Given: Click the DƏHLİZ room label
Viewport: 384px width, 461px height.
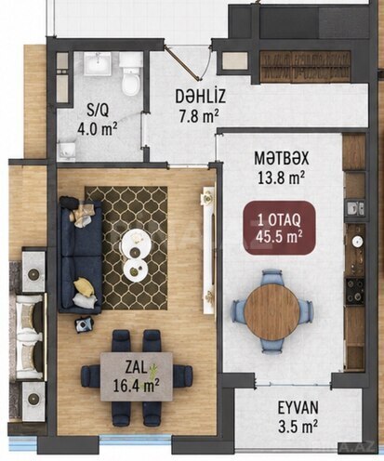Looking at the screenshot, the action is click(x=200, y=97).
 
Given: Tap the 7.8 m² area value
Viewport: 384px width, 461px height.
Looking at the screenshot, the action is click(x=199, y=116).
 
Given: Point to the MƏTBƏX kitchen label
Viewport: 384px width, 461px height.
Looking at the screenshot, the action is click(x=282, y=158).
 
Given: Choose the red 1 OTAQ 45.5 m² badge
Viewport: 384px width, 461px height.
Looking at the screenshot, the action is click(x=279, y=228).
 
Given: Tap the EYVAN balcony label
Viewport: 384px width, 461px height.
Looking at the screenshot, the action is click(x=298, y=407).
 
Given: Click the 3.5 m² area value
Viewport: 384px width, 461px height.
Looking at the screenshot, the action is click(x=298, y=427).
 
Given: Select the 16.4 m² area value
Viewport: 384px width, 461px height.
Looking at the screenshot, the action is click(x=137, y=386).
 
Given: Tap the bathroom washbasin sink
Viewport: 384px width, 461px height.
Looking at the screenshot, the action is click(x=98, y=63).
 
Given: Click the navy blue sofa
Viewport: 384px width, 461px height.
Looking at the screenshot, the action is click(x=80, y=256).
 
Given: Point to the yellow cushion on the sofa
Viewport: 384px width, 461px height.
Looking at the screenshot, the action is click(x=83, y=285).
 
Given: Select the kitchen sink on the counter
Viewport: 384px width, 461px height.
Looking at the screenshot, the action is click(x=354, y=208).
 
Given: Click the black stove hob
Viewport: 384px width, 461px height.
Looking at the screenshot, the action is click(x=355, y=290).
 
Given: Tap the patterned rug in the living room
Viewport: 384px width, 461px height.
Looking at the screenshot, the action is click(x=126, y=248).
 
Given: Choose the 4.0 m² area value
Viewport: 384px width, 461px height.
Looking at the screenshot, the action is click(x=98, y=129).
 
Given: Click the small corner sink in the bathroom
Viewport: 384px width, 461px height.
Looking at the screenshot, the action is click(x=68, y=150).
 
